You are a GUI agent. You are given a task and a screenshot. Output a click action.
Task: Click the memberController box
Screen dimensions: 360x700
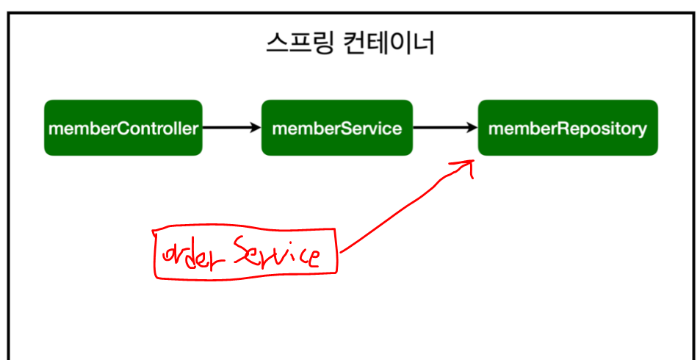pyautogui.click(x=123, y=128)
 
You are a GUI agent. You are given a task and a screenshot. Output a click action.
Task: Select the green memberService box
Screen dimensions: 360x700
pyautogui.click(x=336, y=128)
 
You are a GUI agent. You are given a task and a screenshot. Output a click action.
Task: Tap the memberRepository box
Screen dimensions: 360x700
pyautogui.click(x=567, y=128)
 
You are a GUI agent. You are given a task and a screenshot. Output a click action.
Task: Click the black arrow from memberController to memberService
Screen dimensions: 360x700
pyautogui.click(x=231, y=128)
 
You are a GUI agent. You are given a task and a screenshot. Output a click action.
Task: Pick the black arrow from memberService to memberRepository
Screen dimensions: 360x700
pyautogui.click(x=445, y=128)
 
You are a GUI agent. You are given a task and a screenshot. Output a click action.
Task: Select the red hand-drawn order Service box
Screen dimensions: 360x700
pyautogui.click(x=245, y=253)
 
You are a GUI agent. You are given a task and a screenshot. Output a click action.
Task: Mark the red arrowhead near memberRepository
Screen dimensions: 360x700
pyautogui.click(x=469, y=166)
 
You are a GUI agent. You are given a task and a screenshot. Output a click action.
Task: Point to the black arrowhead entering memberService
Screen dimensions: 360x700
pyautogui.click(x=255, y=128)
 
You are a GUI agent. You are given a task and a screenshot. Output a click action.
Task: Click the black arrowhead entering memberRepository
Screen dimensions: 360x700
pyautogui.click(x=472, y=128)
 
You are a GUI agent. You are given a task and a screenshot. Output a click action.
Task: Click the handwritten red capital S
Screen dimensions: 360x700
pyautogui.click(x=240, y=251)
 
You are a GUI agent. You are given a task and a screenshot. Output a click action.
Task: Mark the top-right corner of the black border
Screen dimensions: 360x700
pyautogui.click(x=693, y=12)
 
